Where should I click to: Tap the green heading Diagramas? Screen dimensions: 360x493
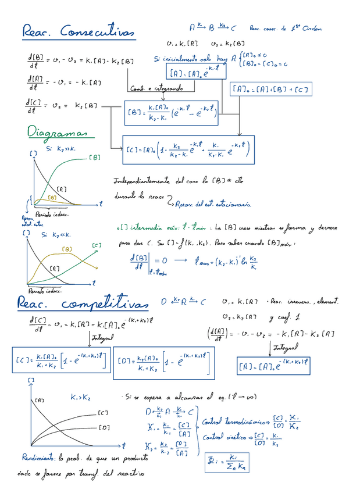coord(57,133)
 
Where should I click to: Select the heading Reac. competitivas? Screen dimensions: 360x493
coord(81,303)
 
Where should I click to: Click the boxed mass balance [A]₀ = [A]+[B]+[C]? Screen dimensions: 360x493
coord(270,89)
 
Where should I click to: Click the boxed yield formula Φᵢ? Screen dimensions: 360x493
coord(230,463)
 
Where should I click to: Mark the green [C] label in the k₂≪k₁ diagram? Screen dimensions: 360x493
coord(98,246)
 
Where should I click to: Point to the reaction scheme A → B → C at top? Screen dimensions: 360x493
coord(213,27)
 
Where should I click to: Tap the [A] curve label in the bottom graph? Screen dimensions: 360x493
coord(40,401)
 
